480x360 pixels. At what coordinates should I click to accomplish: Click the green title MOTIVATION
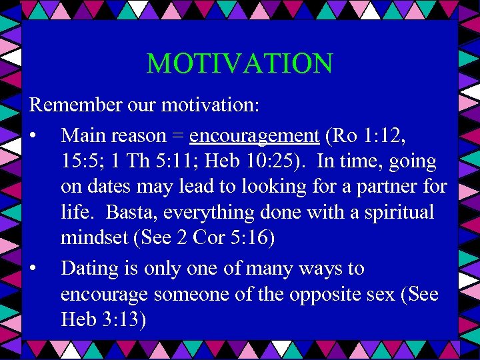pyautogui.click(x=239, y=64)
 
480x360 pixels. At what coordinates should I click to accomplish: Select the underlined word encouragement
pyautogui.click(x=255, y=136)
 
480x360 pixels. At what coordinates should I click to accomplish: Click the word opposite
pyautogui.click(x=324, y=294)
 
